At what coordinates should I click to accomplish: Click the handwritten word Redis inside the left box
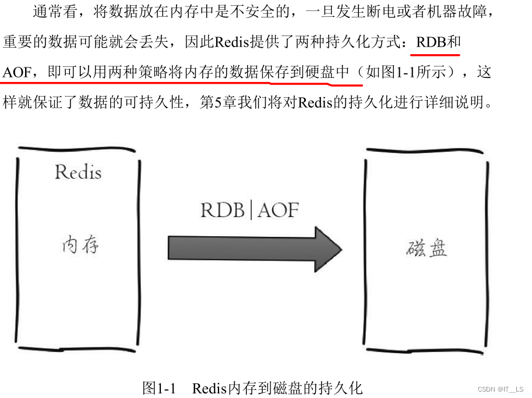pyautogui.click(x=78, y=172)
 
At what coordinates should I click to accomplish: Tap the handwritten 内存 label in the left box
pyautogui.click(x=80, y=245)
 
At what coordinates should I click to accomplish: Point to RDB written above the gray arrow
pyautogui.click(x=223, y=210)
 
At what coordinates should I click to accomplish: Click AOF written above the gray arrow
pyautogui.click(x=278, y=210)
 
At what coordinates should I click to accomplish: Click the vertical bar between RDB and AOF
pyautogui.click(x=251, y=210)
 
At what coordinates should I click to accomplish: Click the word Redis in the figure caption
pyautogui.click(x=209, y=388)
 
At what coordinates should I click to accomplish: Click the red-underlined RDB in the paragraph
pyautogui.click(x=430, y=42)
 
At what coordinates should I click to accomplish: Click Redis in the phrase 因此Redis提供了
pyautogui.click(x=231, y=42)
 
